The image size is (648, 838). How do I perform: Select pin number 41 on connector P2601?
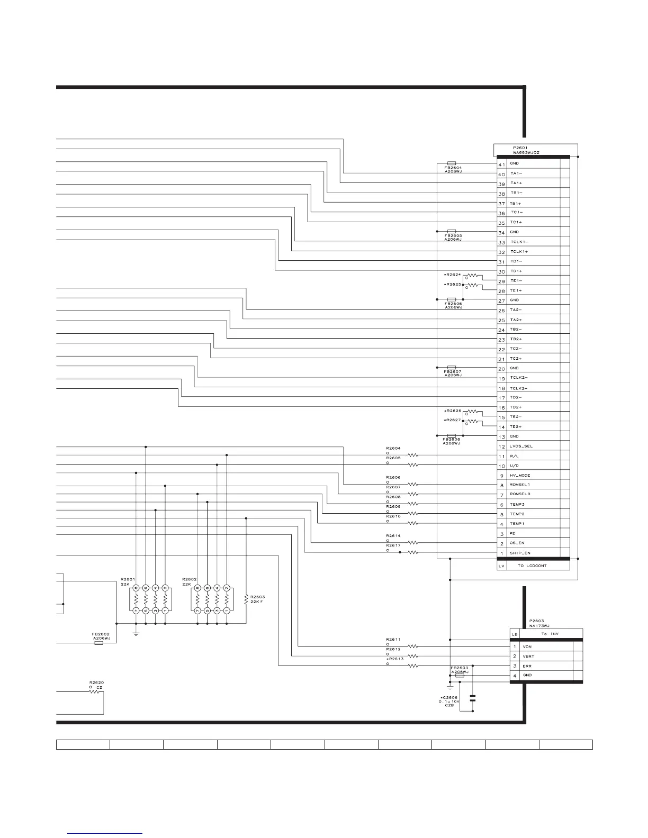[501, 165]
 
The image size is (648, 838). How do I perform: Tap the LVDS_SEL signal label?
[521, 446]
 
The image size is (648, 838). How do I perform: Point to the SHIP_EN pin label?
[520, 553]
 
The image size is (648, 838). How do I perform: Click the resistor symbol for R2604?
[413, 455]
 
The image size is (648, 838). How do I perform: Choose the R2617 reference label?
[393, 545]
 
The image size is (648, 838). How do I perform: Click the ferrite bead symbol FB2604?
[452, 163]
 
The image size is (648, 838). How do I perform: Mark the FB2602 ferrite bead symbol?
[98, 644]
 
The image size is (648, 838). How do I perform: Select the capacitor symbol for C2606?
[473, 697]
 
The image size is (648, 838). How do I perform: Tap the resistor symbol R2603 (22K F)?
[246, 599]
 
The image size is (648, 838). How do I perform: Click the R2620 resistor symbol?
[96, 691]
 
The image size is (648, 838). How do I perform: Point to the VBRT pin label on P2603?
[528, 656]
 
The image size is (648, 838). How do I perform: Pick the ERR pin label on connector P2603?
[527, 666]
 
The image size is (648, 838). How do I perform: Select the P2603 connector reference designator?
[536, 621]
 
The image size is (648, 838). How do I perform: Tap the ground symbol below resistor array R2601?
[136, 633]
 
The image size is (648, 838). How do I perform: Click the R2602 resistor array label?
[189, 579]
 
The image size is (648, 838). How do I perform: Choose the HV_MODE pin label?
[520, 476]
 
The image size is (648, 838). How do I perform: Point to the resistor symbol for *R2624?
[472, 276]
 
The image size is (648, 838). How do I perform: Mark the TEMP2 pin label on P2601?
[517, 514]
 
